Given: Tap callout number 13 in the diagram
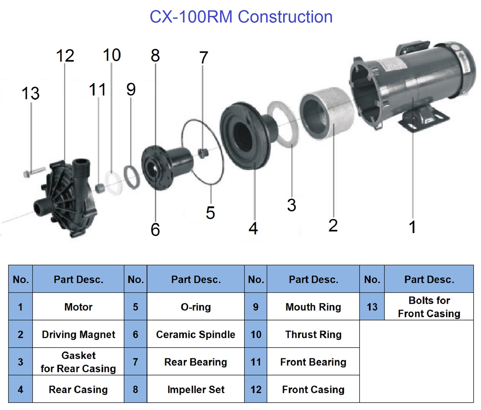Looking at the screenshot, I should point(31,93).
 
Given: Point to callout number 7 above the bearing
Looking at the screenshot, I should point(203,58).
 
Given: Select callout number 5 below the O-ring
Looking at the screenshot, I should point(210,213).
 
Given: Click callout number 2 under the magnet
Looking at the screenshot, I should point(333,225).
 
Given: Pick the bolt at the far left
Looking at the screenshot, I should point(33,172).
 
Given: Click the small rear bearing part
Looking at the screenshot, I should point(203,153).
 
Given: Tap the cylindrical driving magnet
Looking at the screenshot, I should point(327,113).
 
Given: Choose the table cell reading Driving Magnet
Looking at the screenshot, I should point(78,334).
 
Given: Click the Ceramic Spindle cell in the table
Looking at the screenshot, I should point(196,334).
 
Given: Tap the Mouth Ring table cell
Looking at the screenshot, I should point(313,307).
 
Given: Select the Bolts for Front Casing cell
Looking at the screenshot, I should point(429,307).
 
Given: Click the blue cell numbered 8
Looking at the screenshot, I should point(135,389).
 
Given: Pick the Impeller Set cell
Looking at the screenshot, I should point(196,389).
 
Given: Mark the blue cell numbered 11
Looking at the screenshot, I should point(256,362).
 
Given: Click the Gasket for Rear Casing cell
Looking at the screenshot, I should point(78,362).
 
